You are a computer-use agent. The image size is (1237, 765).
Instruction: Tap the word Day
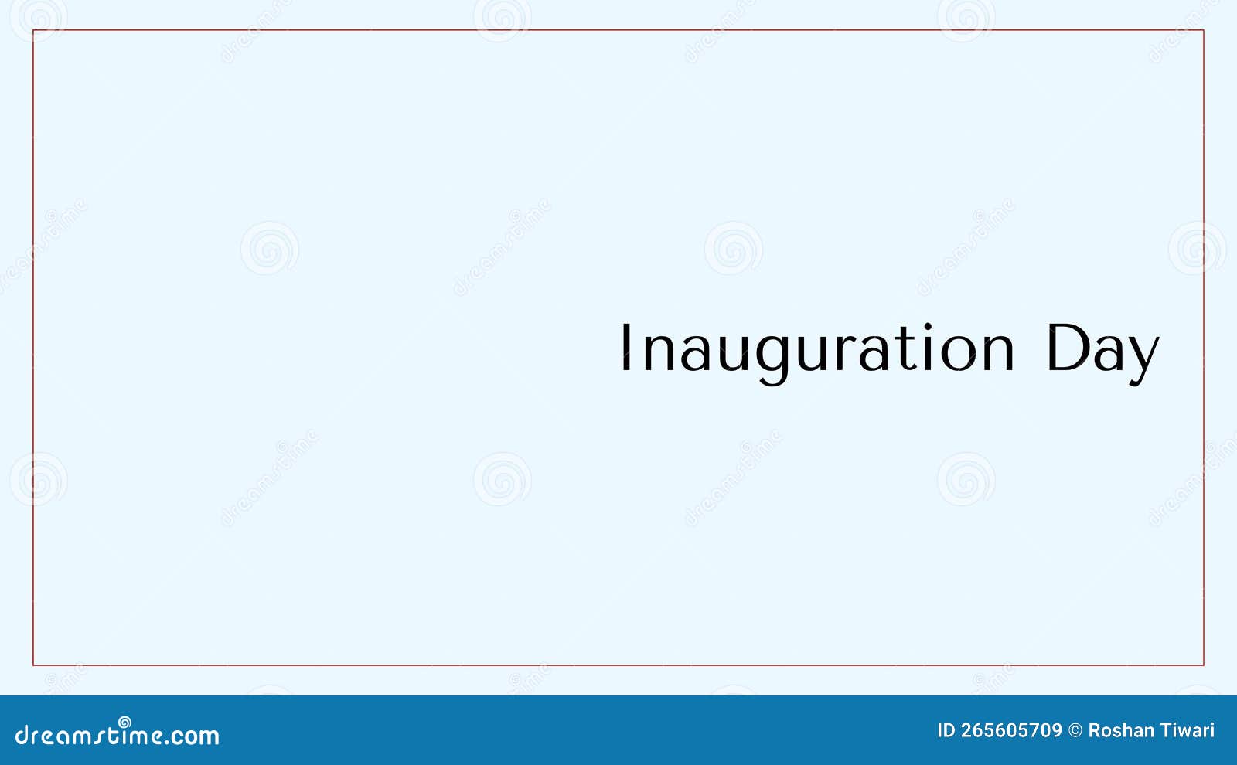point(1102,350)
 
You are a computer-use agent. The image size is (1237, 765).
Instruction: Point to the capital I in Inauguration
point(625,348)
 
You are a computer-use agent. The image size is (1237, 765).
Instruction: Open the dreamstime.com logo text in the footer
point(117,735)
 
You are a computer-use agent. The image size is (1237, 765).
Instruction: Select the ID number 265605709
point(1011,730)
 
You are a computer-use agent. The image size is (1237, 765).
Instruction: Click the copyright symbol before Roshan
point(1075,730)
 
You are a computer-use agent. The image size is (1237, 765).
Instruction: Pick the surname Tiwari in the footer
point(1189,730)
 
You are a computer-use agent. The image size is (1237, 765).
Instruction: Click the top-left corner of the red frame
point(33,30)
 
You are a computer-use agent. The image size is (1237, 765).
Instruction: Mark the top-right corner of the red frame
point(1204,30)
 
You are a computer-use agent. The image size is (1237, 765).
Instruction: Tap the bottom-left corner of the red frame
point(33,665)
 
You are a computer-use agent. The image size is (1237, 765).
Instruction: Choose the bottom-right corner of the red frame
point(1204,665)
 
